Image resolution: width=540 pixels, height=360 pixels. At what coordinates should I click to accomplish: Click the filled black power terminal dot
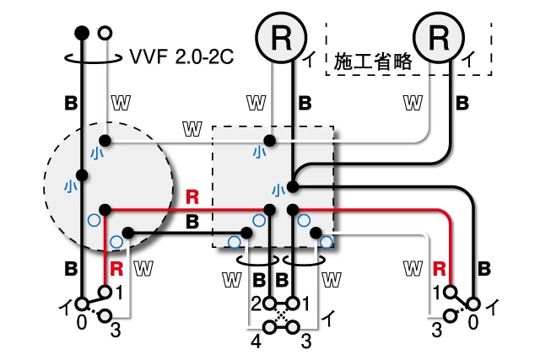pos(82,33)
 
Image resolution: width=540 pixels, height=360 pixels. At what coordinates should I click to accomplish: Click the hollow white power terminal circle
pos(105,33)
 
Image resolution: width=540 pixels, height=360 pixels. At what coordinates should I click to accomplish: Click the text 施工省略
pos(369,62)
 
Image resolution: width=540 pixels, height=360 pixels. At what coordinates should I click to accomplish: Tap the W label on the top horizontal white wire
pos(192,129)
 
